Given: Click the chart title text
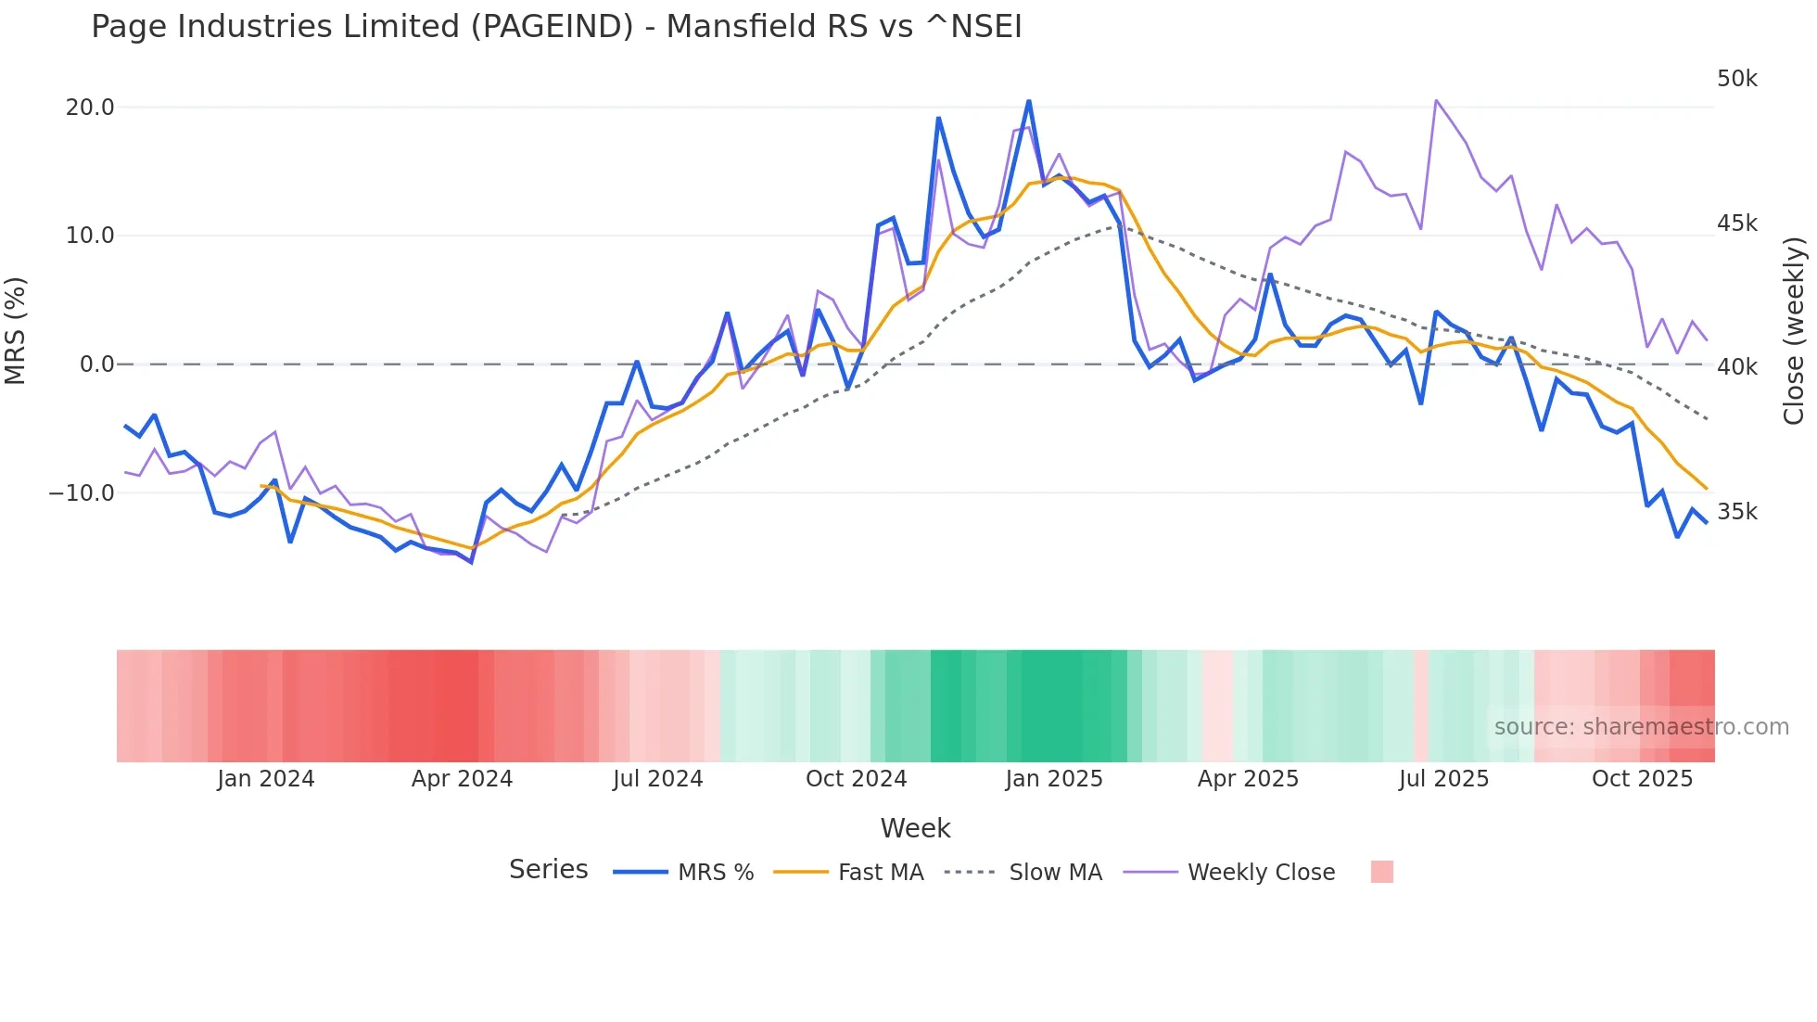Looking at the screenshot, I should coord(556,26).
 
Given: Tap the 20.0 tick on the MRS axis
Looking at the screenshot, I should coord(90,108).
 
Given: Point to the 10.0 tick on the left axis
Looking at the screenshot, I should coord(90,236).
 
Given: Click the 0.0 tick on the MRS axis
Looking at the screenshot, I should coord(97,364).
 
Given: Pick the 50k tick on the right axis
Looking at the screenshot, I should coord(1736,79).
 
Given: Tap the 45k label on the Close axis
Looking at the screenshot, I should coord(1736,224).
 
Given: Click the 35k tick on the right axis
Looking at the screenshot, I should coord(1736,512).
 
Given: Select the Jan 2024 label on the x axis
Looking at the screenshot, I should coord(266,779).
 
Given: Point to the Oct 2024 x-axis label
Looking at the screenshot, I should coord(856,779).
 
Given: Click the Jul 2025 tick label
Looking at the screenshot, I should coord(1443,779).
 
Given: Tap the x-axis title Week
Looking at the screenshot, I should coord(915,828).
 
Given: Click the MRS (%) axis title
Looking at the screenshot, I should coord(15,330).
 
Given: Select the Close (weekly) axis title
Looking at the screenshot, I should coord(1794,330).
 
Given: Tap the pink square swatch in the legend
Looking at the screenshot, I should coord(1381,872).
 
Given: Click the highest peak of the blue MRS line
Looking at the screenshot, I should coord(1029,101).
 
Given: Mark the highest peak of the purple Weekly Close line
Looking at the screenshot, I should coord(1436,100).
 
